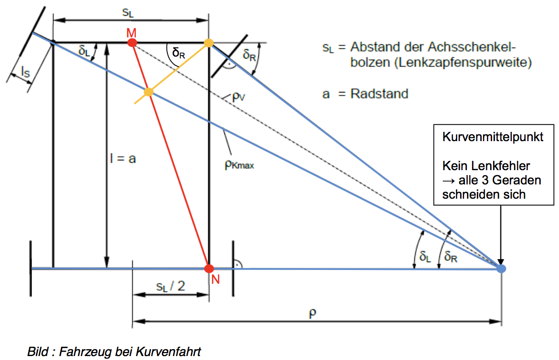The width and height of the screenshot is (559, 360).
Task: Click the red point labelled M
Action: click(x=132, y=43)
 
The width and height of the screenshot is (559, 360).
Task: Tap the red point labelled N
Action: click(x=209, y=269)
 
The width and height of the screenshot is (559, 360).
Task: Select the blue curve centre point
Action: click(x=501, y=269)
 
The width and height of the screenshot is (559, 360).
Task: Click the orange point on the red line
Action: click(x=149, y=92)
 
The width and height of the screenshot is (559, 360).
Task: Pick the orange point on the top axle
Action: click(x=209, y=43)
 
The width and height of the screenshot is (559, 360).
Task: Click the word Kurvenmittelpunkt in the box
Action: click(x=493, y=137)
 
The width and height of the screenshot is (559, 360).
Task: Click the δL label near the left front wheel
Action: click(x=84, y=51)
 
